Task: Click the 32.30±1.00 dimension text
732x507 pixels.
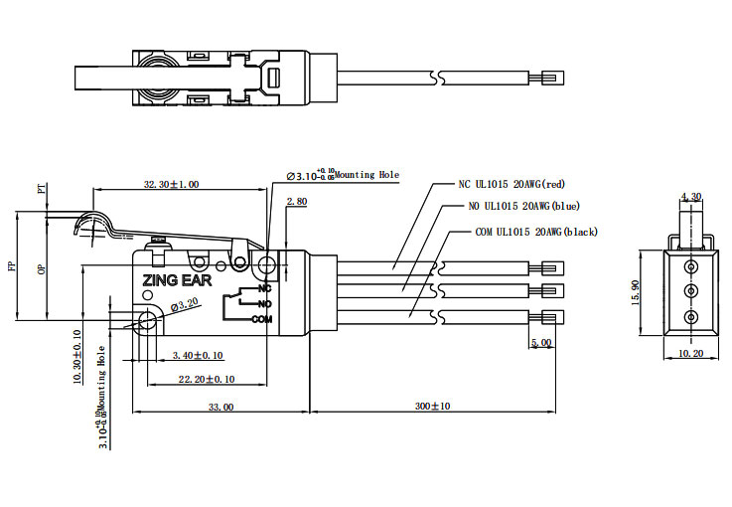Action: click(x=171, y=184)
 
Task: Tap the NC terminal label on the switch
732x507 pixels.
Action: click(x=263, y=288)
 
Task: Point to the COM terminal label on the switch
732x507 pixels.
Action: click(x=261, y=319)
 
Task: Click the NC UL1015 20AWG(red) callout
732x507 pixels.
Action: click(x=511, y=184)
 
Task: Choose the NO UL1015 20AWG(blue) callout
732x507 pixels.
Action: click(x=523, y=207)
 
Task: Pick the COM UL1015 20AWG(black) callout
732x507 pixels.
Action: click(x=536, y=232)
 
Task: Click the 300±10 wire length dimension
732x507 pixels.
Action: click(x=432, y=407)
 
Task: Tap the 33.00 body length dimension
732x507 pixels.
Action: click(x=220, y=407)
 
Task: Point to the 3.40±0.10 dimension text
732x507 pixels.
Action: click(x=198, y=355)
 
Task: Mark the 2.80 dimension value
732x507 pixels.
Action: click(x=296, y=202)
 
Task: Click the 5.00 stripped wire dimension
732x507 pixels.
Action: click(x=541, y=343)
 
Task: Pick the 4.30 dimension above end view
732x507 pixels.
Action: click(x=691, y=196)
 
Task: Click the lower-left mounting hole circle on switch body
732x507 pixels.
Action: click(x=147, y=320)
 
